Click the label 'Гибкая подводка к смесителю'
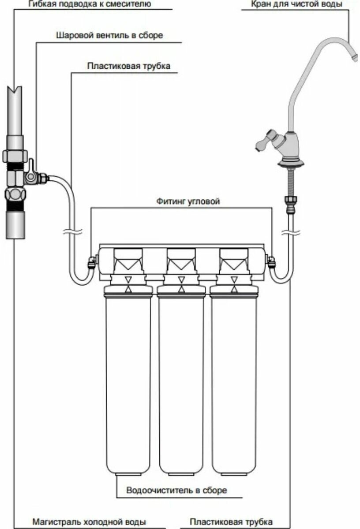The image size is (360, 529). (x=90, y=5)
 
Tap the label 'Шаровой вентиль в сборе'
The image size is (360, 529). (x=109, y=36)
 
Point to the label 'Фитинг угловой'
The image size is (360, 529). (x=188, y=201)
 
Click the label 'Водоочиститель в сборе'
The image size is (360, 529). (x=176, y=490)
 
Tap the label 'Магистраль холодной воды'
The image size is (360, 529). (x=89, y=522)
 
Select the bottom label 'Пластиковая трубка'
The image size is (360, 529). (x=231, y=522)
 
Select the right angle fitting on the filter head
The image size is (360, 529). (x=271, y=263)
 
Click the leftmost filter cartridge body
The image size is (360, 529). (x=128, y=379)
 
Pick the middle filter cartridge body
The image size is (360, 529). (x=181, y=379)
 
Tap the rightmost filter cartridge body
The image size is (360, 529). (x=234, y=379)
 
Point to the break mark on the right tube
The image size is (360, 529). (x=291, y=231)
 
